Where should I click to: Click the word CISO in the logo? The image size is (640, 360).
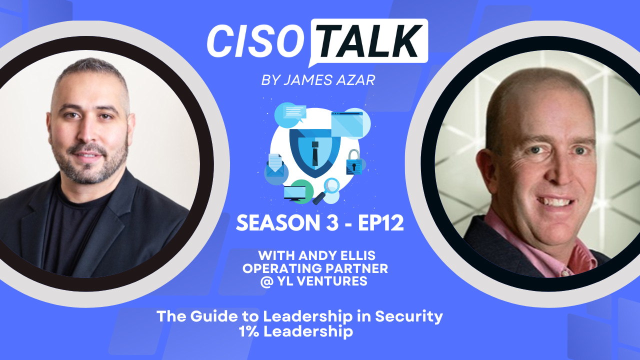click(254, 40)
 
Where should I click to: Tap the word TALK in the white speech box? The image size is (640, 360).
click(369, 40)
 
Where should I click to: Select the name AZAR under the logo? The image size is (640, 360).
click(355, 80)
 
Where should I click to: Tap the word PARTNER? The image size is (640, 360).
click(358, 268)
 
